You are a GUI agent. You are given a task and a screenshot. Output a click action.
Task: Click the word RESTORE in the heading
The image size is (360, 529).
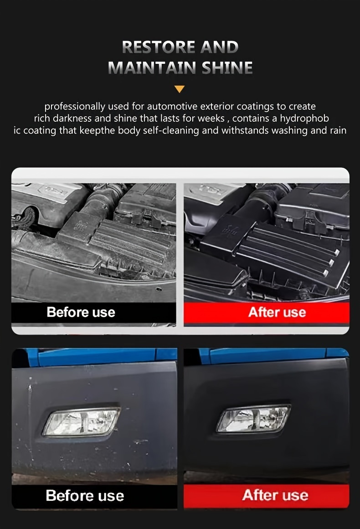[x=159, y=47]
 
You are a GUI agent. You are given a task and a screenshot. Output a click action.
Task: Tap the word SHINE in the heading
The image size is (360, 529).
[x=227, y=67]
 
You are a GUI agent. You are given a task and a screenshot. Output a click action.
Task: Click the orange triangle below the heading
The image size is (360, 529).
[x=180, y=89]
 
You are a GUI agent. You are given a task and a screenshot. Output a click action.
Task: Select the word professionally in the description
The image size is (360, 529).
[x=75, y=107]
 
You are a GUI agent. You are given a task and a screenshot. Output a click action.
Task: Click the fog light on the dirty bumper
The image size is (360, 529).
[x=81, y=421]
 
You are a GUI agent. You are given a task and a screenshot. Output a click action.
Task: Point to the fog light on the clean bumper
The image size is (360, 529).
[x=253, y=419]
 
